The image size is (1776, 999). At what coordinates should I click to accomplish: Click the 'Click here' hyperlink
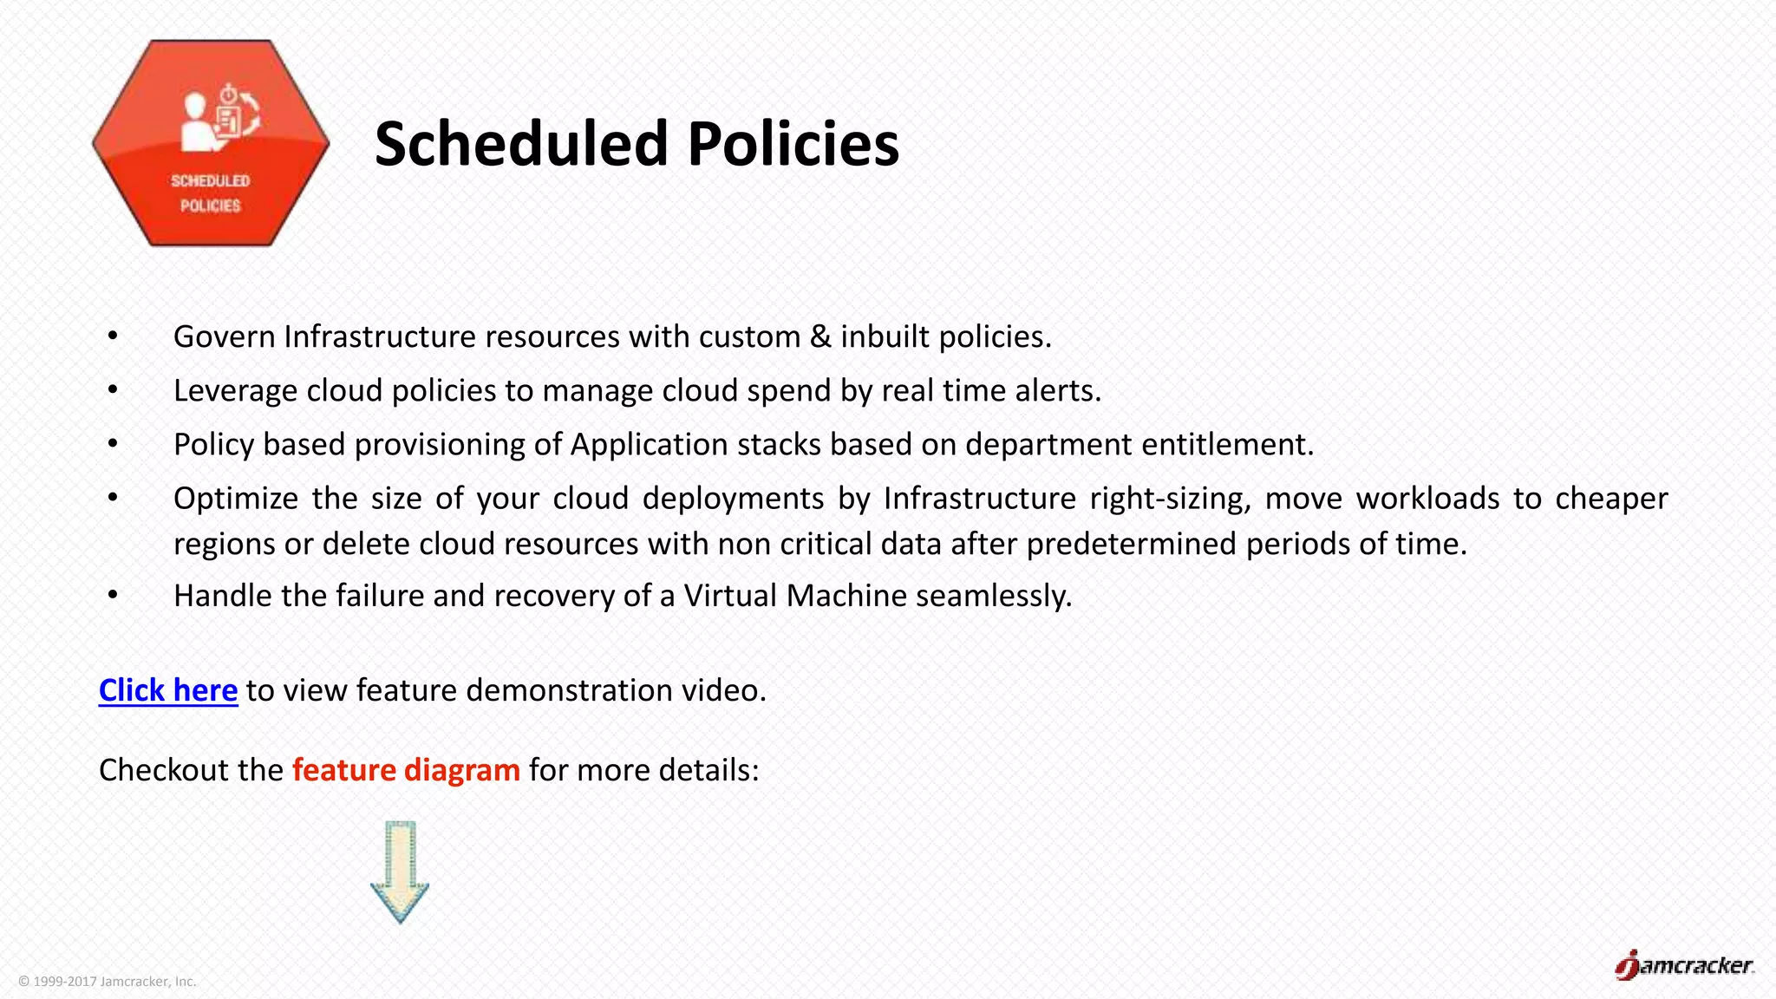coord(167,690)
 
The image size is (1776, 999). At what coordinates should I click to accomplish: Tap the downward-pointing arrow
coord(400,872)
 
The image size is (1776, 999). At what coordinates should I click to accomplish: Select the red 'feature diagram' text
coord(406,770)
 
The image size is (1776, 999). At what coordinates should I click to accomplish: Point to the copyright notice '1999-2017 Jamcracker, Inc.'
coord(108,982)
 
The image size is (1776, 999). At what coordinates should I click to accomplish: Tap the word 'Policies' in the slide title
coord(793,144)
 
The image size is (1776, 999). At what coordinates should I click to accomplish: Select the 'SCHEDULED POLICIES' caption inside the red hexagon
coord(211,193)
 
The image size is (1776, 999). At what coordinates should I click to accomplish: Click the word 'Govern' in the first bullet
coord(224,336)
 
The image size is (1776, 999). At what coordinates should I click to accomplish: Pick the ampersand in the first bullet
coord(820,336)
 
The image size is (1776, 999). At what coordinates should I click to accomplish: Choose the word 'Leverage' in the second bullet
coord(235,390)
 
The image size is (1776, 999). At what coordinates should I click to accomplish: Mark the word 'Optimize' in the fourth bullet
coord(235,499)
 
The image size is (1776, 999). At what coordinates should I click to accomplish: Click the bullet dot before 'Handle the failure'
coord(113,596)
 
